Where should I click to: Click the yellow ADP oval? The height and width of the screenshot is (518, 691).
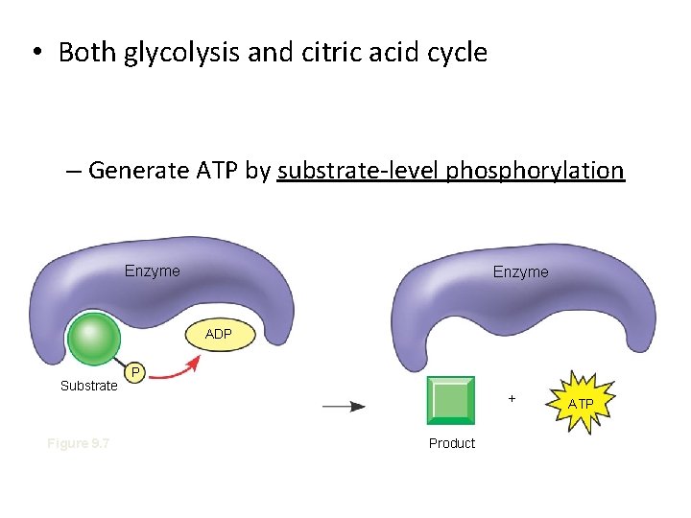coord(218,334)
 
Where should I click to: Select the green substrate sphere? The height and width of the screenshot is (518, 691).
coord(94,338)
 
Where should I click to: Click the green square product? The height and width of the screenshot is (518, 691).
coord(450,400)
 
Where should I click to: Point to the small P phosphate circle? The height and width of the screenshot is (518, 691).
coord(136,371)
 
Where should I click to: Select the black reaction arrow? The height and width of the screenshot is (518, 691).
coord(343,407)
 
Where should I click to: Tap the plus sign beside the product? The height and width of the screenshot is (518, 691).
coord(512,397)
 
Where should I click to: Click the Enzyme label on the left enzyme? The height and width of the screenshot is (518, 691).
coord(152,271)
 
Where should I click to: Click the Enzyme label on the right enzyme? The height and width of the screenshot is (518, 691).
coord(520,272)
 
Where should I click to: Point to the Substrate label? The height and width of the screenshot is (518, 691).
coord(88,387)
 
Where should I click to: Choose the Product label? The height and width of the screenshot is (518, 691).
coord(452,443)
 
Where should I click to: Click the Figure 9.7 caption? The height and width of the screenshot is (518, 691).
coord(79,443)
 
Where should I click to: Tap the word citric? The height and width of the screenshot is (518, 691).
coord(322,53)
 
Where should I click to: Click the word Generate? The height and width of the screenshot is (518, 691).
coord(137,171)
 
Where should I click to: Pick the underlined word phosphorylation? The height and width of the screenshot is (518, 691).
coord(542,172)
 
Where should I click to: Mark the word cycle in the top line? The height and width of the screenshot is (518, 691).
coord(457,53)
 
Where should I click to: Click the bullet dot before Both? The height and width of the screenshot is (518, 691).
coord(34,53)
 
